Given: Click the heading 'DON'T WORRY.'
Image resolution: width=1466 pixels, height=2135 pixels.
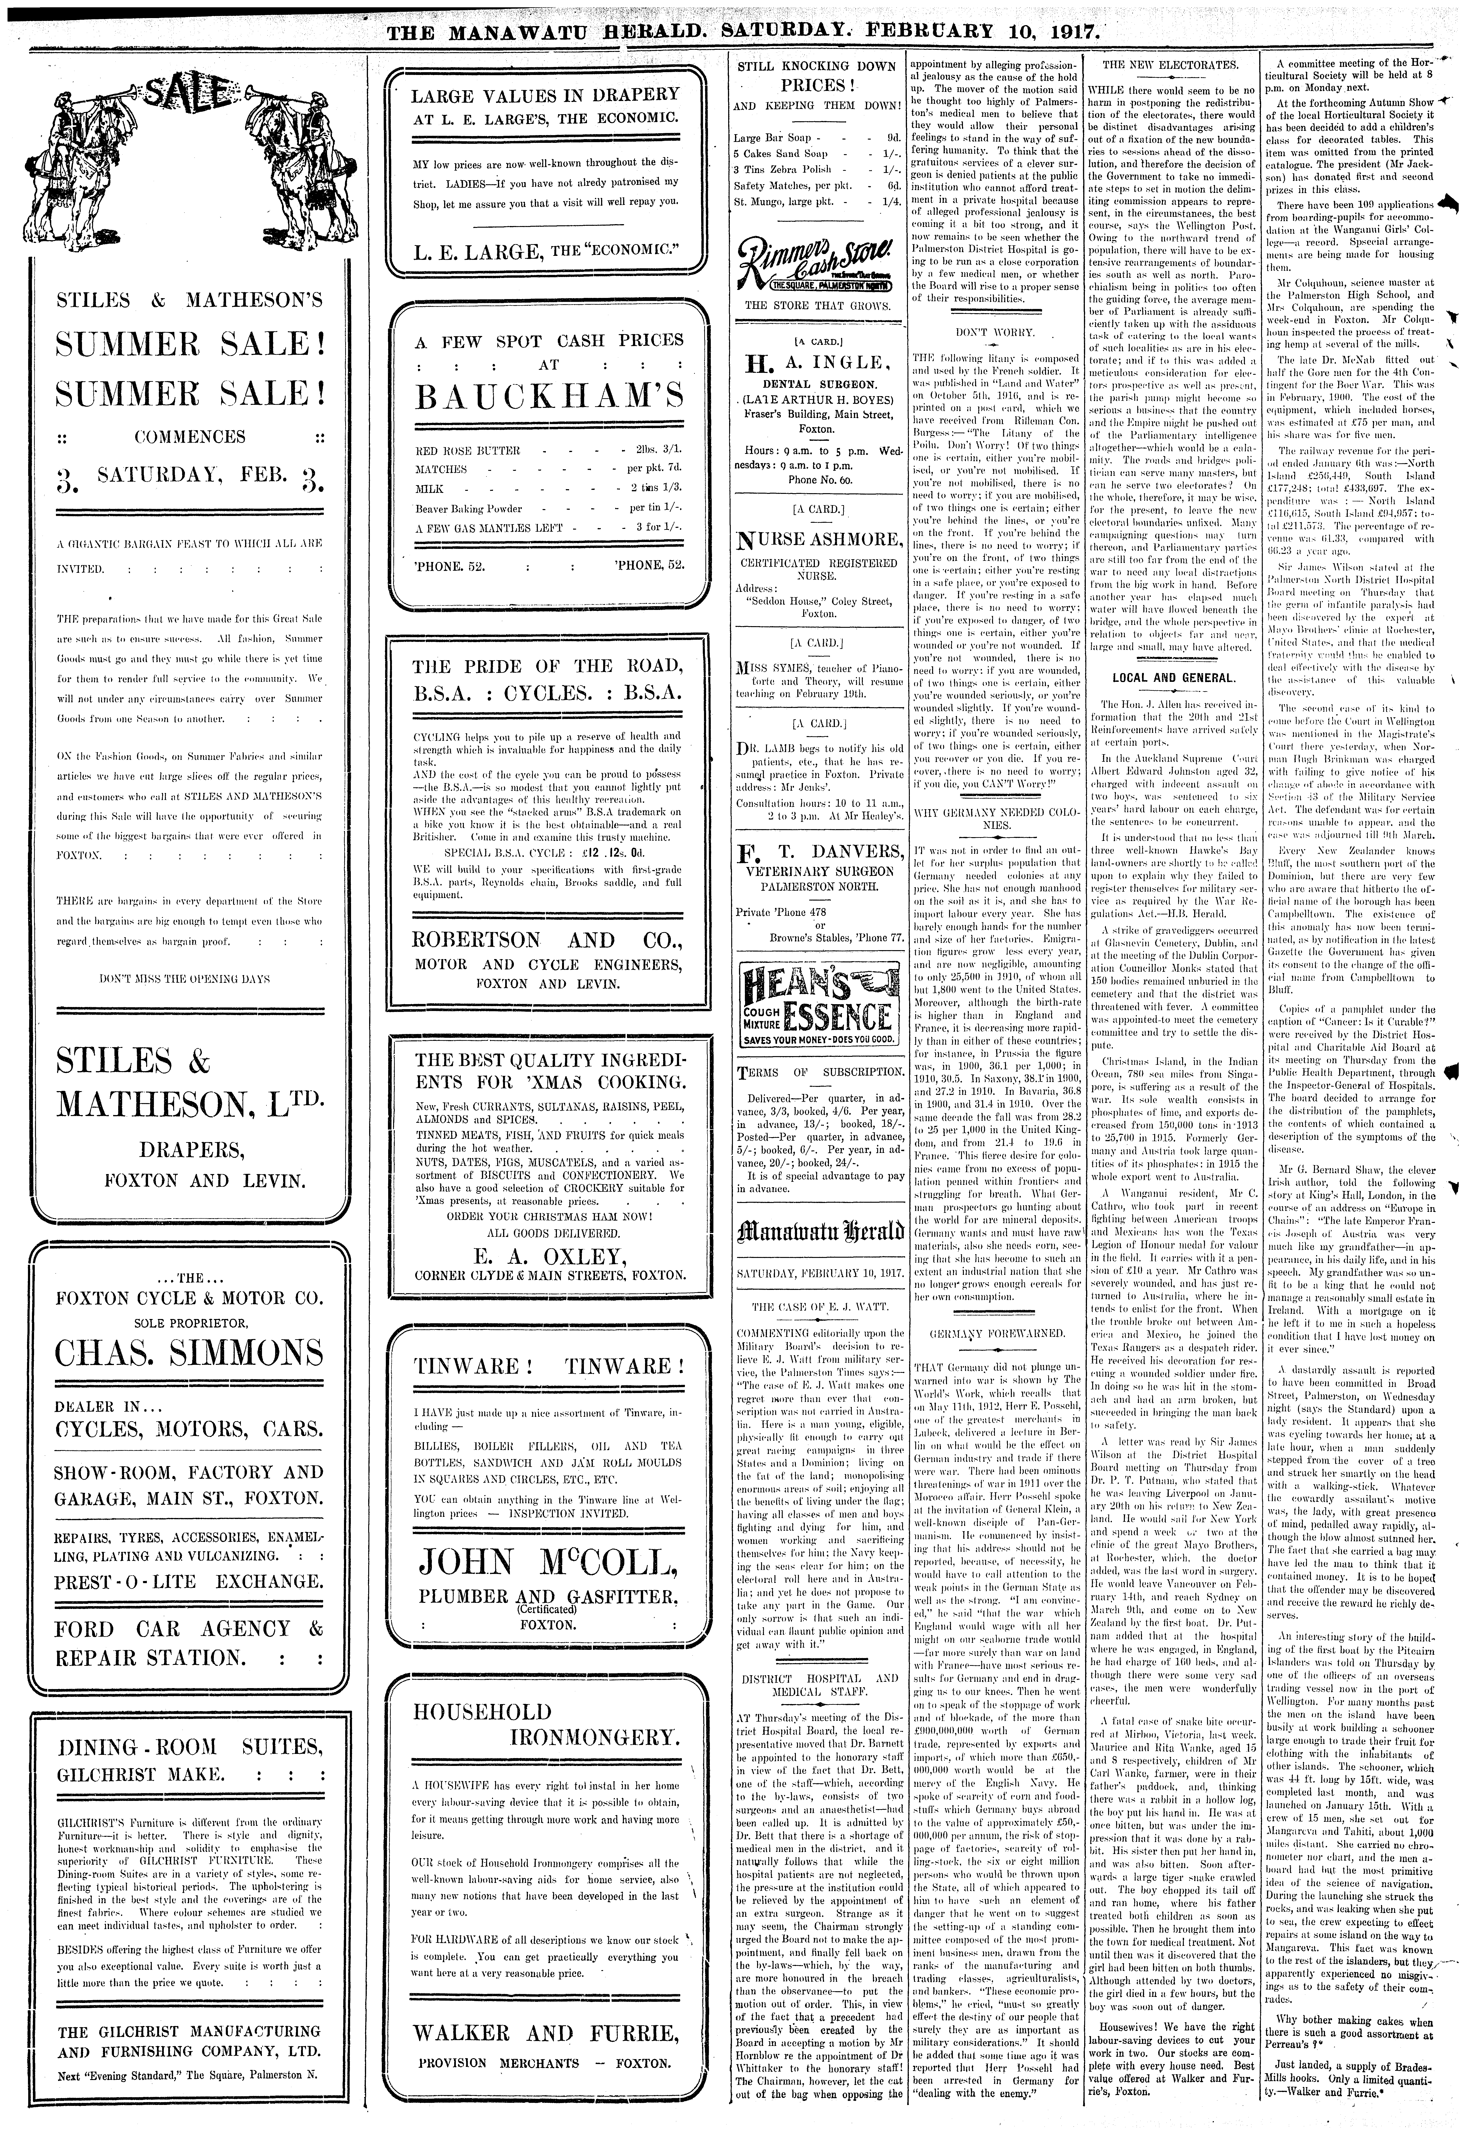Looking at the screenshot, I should (995, 332).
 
